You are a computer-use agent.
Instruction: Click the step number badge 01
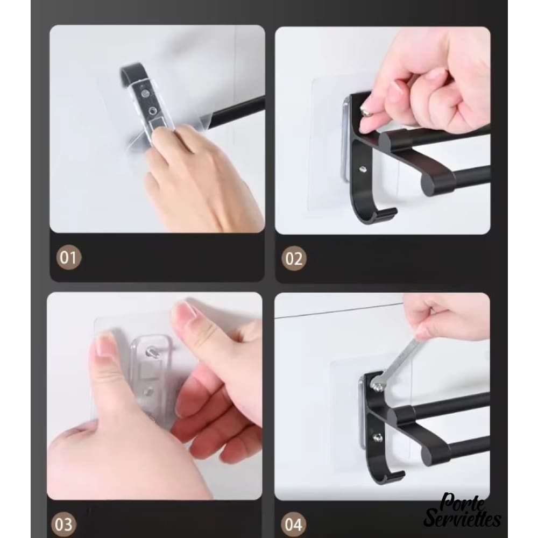click(69, 257)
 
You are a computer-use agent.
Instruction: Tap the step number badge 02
click(294, 258)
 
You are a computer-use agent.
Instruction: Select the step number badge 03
click(63, 525)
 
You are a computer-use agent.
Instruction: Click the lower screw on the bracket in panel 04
click(378, 437)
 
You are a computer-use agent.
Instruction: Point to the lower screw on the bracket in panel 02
click(362, 169)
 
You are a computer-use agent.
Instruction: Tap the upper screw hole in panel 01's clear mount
click(144, 93)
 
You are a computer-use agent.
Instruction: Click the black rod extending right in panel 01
click(236, 111)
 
